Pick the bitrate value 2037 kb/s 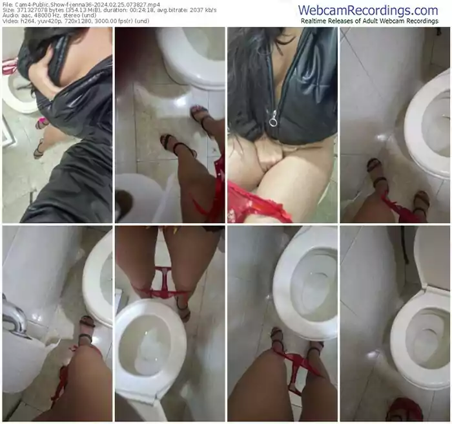click(198, 11)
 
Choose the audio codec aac click(25, 17)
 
